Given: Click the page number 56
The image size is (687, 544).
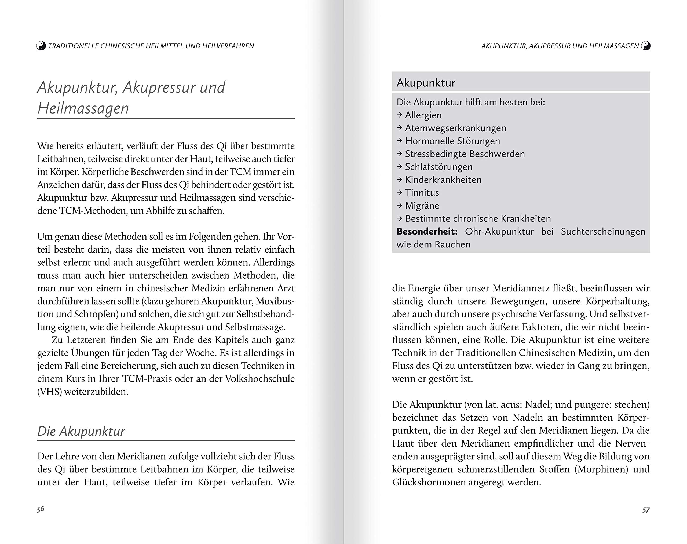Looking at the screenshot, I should [x=41, y=509].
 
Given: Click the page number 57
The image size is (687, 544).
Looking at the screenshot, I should [x=646, y=510].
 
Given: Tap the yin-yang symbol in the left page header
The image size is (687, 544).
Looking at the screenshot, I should [x=41, y=46].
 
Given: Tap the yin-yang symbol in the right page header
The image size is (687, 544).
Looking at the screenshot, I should [x=646, y=46].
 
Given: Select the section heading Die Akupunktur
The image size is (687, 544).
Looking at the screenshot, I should [x=81, y=431].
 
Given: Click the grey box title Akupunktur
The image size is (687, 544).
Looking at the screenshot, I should [x=426, y=83].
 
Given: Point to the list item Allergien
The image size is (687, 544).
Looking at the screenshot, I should [x=423, y=115].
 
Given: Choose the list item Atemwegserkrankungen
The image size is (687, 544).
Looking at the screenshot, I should [x=455, y=128].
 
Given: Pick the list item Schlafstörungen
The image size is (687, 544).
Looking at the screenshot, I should [x=438, y=167].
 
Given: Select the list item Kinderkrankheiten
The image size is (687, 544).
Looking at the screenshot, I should [x=443, y=180].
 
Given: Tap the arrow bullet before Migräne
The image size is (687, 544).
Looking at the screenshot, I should [x=400, y=205].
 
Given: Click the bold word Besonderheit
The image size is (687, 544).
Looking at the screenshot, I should [x=427, y=232].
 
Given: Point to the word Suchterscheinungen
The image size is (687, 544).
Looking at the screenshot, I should [x=603, y=232].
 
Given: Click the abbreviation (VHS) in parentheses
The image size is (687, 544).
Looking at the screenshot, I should [x=49, y=392].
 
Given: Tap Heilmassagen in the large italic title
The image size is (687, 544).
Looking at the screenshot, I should [x=83, y=108].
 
